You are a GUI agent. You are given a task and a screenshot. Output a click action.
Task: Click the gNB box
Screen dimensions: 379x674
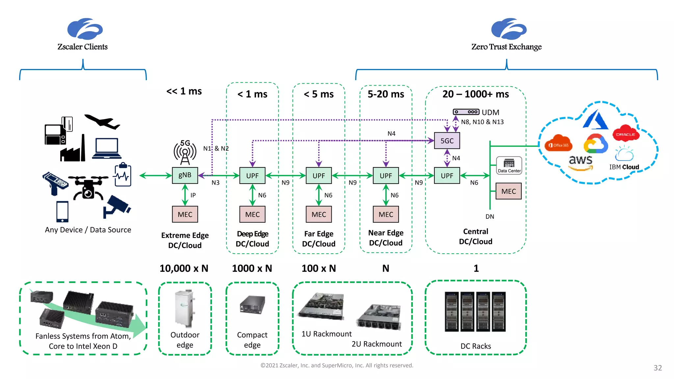[185, 175]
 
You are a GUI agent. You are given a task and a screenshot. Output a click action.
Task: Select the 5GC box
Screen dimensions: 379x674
[447, 141]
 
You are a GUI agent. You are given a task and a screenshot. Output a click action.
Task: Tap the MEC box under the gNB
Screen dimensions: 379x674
[185, 215]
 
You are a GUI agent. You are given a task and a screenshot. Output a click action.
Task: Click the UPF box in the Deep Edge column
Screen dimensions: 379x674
[252, 175]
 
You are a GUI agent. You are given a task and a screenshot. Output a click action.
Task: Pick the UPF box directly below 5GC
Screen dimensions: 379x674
[447, 175]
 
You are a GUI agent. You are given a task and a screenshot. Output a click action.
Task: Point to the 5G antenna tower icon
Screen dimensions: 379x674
[185, 152]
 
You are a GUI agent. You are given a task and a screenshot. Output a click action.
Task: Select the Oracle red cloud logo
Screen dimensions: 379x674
[626, 133]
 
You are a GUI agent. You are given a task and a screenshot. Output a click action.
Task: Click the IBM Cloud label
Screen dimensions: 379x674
[624, 167]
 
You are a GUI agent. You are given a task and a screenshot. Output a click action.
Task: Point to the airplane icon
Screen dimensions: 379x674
[102, 122]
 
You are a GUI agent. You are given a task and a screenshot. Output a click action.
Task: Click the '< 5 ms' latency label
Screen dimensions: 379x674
[319, 94]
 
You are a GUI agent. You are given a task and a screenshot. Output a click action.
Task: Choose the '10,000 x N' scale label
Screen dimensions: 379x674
[184, 268]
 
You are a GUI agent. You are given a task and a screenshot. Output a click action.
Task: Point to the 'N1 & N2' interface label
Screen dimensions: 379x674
[216, 148]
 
